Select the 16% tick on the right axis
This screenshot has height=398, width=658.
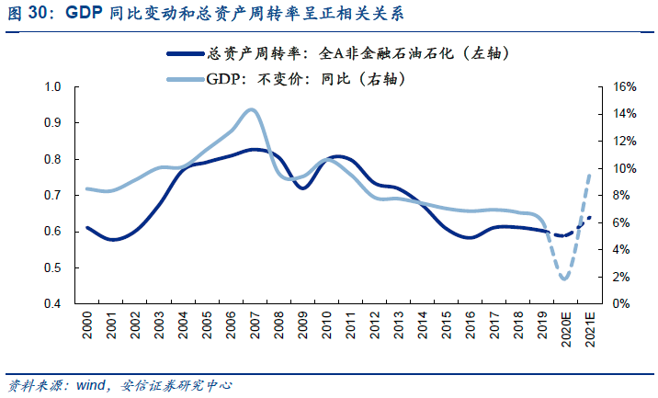pos(623,86)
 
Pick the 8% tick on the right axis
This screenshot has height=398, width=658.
pos(620,195)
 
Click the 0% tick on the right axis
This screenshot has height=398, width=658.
pos(620,303)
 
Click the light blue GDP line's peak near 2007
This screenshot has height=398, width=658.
pos(251,109)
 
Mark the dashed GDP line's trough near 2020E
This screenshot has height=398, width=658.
pos(564,279)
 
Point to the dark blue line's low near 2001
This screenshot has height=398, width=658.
pos(112,239)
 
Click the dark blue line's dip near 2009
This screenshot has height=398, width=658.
pos(302,188)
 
